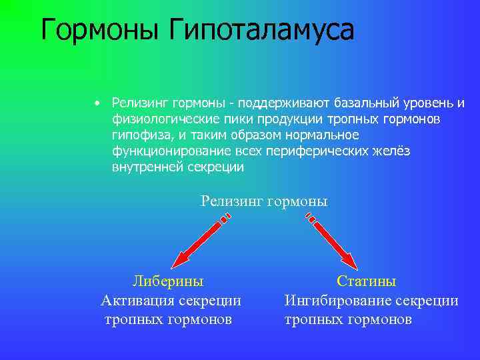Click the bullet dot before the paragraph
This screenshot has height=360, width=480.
tap(97, 103)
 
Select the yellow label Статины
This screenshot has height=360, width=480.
tap(366, 281)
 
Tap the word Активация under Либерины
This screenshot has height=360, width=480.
tap(137, 301)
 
